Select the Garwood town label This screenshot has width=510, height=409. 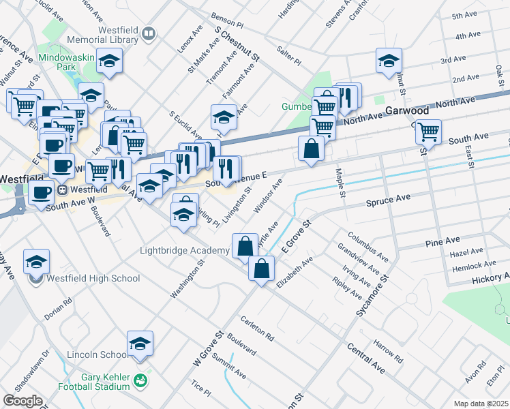(x=406, y=111)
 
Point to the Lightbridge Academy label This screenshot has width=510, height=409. (x=184, y=251)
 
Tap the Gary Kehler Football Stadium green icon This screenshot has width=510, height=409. (x=140, y=380)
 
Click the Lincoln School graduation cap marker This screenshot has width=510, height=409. (x=140, y=345)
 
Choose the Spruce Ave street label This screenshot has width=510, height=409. (x=388, y=200)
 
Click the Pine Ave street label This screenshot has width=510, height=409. (x=442, y=242)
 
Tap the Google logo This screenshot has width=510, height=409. (x=22, y=401)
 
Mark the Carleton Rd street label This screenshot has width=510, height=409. (x=256, y=329)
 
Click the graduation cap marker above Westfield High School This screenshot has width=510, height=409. (x=36, y=262)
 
